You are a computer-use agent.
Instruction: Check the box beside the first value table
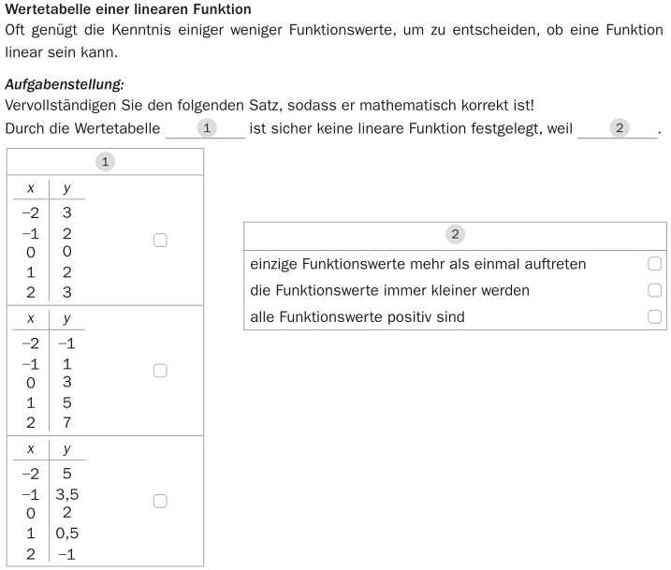(x=160, y=241)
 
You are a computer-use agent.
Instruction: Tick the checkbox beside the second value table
(x=160, y=371)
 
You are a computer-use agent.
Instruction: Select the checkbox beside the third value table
(x=160, y=502)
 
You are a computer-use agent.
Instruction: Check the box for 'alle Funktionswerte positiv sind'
(x=654, y=317)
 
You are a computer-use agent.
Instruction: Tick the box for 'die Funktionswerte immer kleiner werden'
(x=654, y=290)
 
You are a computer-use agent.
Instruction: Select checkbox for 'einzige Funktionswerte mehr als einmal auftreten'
(x=654, y=264)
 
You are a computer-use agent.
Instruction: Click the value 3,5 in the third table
(x=67, y=493)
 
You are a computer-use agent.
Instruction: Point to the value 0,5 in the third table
(x=67, y=533)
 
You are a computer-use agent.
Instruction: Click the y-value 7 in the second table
(x=67, y=422)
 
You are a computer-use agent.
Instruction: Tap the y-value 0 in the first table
(x=67, y=252)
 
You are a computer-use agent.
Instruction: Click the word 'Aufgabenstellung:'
(x=65, y=84)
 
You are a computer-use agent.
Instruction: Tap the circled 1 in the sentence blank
(x=209, y=127)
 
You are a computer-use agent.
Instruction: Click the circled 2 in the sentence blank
(x=618, y=127)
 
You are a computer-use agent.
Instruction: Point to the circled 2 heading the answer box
(x=456, y=234)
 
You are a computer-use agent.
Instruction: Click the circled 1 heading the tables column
(x=105, y=162)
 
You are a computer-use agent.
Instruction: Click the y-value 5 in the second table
(x=67, y=402)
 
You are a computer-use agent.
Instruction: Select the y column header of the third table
(x=67, y=449)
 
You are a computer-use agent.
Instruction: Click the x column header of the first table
(x=31, y=188)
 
